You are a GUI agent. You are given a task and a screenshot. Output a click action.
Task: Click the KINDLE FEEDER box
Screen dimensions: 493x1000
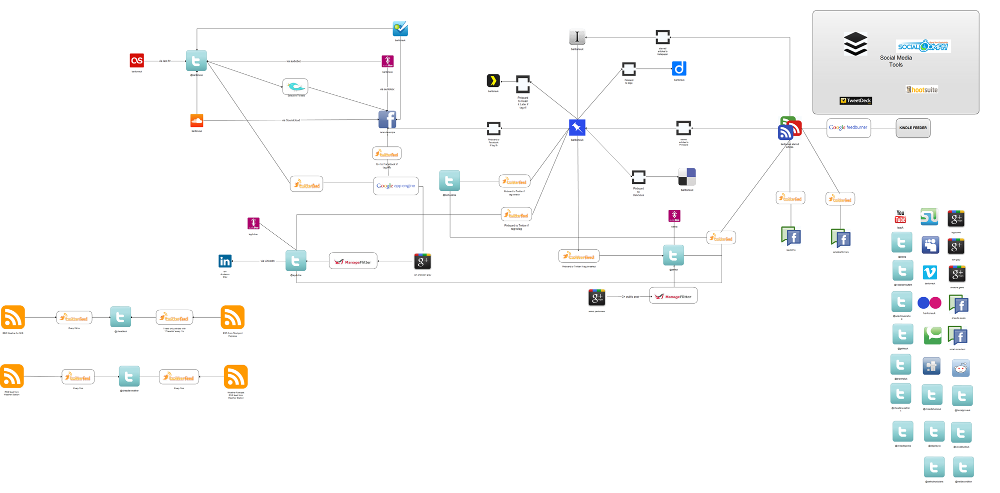click(912, 128)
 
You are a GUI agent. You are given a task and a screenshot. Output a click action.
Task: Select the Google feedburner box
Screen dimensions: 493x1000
click(848, 128)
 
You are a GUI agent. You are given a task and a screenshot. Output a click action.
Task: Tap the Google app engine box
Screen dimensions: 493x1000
click(395, 186)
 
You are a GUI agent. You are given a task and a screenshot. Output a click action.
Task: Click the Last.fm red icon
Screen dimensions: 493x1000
click(136, 60)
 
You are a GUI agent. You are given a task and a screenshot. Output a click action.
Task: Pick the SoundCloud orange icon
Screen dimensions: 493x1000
click(196, 121)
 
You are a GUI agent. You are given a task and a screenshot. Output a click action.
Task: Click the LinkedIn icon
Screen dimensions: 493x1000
click(225, 261)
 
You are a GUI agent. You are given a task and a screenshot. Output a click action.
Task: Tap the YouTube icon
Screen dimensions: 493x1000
click(900, 217)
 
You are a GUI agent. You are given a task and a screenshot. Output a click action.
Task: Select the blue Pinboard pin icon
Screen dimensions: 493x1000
click(577, 128)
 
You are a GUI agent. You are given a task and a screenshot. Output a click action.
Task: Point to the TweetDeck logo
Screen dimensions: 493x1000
click(855, 101)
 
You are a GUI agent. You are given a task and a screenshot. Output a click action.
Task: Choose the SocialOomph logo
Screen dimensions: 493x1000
click(923, 46)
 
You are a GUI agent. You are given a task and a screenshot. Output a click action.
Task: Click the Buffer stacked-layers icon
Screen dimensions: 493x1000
click(855, 44)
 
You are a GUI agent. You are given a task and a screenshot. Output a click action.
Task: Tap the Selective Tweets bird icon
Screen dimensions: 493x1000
click(295, 86)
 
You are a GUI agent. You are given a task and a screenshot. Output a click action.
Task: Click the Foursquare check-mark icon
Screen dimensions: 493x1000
click(400, 29)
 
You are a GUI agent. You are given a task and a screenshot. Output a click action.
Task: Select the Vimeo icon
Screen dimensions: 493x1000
click(929, 272)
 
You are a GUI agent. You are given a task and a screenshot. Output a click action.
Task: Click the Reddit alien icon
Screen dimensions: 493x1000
click(960, 368)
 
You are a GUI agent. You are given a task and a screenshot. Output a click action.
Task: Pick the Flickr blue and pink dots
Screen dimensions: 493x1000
click(929, 303)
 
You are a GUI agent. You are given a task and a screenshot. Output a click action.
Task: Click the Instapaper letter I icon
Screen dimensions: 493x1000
click(577, 37)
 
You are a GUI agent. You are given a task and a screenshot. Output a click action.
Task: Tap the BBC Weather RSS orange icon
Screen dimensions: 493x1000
click(13, 317)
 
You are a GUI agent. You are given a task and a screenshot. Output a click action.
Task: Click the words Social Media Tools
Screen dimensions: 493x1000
click(895, 61)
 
